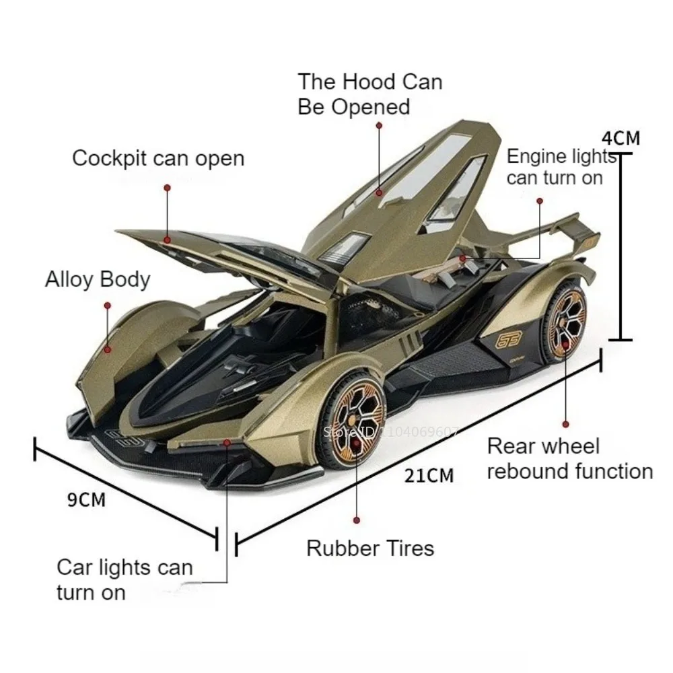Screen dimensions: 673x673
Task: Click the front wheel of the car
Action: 351,422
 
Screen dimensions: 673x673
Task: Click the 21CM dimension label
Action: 429,476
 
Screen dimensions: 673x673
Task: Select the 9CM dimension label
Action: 87,499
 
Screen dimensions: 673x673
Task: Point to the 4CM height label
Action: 621,139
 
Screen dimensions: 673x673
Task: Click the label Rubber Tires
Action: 370,548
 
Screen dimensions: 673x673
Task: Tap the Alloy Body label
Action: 98,279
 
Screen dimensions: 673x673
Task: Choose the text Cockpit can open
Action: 158,159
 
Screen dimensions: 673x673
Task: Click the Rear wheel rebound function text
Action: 569,458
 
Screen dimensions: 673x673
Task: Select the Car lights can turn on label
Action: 125,579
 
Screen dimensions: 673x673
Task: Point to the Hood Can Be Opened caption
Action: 369,94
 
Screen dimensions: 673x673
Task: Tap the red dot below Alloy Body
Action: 106,305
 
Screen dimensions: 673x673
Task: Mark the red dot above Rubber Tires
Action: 356,520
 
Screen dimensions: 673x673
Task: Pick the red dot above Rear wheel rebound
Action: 565,424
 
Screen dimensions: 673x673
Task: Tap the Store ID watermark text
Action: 391,433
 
